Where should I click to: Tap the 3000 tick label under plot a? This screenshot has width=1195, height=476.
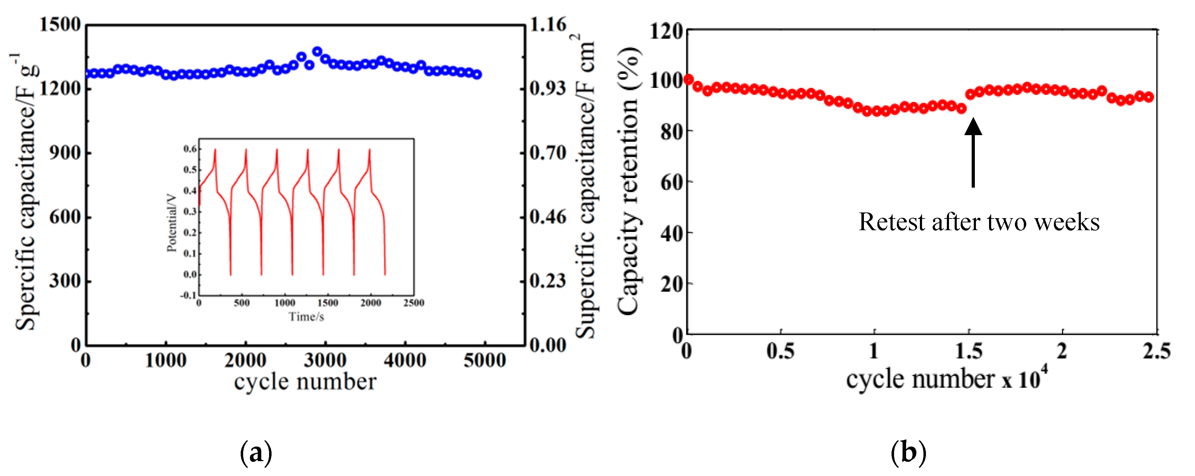325,360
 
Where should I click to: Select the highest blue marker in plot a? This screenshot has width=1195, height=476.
317,51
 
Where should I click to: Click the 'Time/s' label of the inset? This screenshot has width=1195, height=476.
306,317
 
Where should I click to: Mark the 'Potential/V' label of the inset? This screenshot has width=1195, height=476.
172,223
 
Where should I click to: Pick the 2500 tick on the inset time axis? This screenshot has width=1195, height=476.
413,303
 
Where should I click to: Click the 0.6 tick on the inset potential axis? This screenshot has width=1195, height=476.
190,149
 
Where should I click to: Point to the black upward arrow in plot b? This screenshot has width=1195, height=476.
973,153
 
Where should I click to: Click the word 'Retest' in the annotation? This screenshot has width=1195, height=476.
892,222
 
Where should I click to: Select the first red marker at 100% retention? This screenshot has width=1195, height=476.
688,79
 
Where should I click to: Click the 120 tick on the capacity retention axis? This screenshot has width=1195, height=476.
666,32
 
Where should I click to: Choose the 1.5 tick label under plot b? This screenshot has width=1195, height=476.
968,351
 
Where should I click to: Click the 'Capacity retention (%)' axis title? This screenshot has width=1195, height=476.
629,181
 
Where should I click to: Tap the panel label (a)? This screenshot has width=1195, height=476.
256,452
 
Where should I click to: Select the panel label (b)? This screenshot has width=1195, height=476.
908,452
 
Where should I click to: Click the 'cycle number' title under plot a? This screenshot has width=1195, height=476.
305,382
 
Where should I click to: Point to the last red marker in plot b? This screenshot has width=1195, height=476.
1149,97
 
